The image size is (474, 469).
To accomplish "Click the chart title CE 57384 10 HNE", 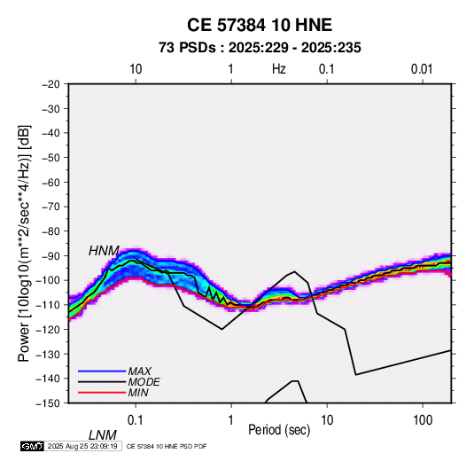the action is click(260, 25).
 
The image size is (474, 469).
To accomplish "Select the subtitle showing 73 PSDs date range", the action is click(260, 48).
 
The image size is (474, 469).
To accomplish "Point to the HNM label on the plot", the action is click(104, 251).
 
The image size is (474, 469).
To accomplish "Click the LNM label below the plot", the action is click(103, 435).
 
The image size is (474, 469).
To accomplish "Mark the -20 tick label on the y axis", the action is click(51, 84).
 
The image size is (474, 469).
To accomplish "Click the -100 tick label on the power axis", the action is click(48, 280).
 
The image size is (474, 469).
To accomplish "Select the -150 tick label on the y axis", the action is click(48, 403).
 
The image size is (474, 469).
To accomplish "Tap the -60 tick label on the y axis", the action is click(51, 182).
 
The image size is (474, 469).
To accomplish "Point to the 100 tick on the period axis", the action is click(423, 420).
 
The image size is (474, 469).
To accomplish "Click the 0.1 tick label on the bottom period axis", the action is click(136, 420).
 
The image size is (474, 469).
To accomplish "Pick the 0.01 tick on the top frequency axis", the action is click(422, 69).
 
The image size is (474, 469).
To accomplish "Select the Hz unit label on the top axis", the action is click(279, 69).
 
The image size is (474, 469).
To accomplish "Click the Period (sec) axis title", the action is click(279, 430).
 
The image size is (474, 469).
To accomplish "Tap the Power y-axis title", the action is click(24, 244).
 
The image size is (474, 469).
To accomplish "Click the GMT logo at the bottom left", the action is click(32, 446).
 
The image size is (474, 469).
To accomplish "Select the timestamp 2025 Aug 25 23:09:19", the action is click(82, 446).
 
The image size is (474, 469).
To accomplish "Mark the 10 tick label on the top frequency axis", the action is click(136, 69).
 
